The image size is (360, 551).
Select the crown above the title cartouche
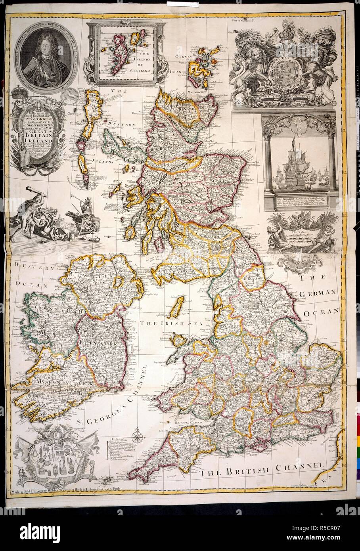(19, 94)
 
